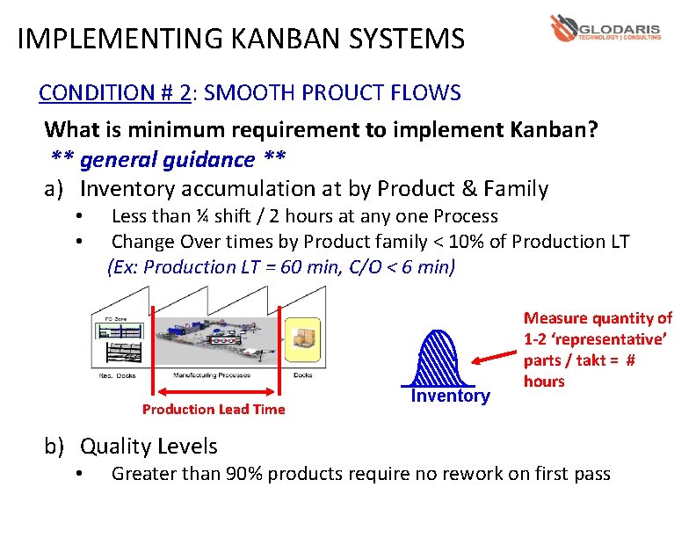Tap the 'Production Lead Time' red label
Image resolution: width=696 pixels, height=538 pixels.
pos(214,409)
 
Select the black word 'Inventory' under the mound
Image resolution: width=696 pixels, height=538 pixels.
pos(450,396)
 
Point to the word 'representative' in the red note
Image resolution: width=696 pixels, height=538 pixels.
pos(613,339)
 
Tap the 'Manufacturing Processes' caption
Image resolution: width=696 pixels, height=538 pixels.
pos(210,375)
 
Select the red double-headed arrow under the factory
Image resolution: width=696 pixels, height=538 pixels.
pos(216,393)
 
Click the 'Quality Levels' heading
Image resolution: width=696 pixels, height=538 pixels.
pos(149,446)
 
